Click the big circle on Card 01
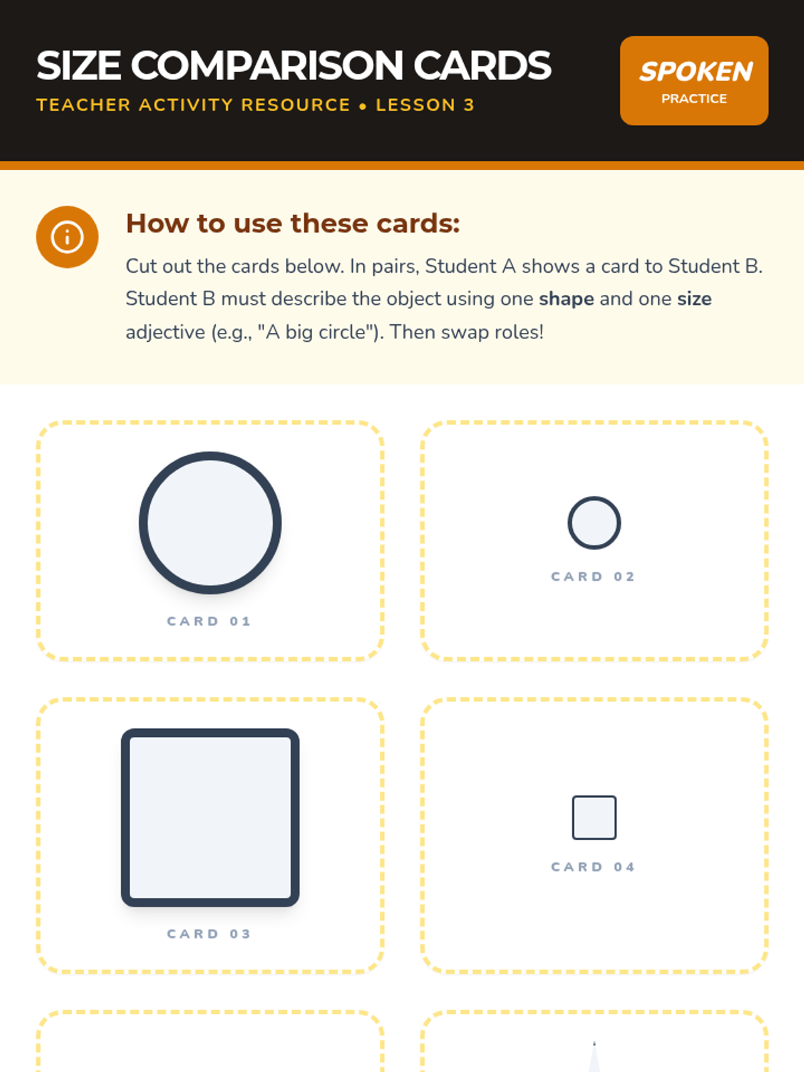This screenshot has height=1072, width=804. (x=210, y=523)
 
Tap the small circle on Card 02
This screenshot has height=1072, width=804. (x=594, y=523)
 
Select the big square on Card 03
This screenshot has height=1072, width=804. (x=210, y=817)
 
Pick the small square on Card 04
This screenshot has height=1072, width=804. (x=594, y=817)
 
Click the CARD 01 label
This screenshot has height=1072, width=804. (x=210, y=621)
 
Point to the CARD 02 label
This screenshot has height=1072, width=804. (x=593, y=577)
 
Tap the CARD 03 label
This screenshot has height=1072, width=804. (x=210, y=934)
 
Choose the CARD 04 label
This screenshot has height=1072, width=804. (x=593, y=867)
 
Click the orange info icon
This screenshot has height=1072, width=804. (x=68, y=237)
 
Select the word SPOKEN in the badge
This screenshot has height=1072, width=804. (x=696, y=71)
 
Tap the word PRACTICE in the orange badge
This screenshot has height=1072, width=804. (x=694, y=98)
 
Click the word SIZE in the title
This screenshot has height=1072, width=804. (x=78, y=66)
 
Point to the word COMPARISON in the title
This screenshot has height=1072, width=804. (x=267, y=66)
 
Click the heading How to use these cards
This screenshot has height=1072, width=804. (x=293, y=223)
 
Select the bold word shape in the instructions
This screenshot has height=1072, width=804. (x=566, y=299)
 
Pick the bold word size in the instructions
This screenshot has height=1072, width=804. (x=694, y=299)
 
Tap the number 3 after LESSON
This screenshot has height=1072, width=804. (x=468, y=105)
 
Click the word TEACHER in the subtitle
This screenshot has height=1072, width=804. (x=84, y=105)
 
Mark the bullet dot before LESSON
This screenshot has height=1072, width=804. (x=362, y=106)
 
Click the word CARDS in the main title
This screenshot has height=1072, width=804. (x=482, y=66)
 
